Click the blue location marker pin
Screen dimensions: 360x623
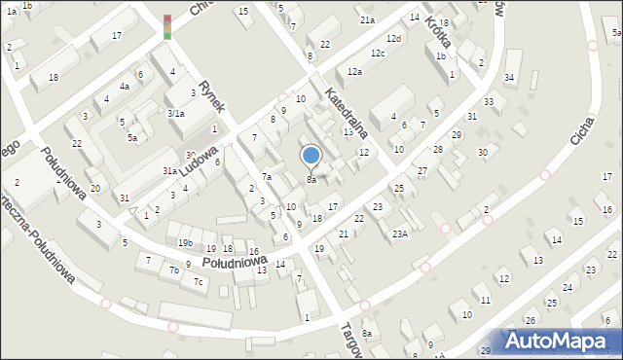coord(311,157)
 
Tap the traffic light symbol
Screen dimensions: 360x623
coord(166,27)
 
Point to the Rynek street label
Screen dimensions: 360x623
coord(211,96)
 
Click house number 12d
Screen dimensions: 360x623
coord(392,39)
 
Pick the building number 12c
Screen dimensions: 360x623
coord(377,53)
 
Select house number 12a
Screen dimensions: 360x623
coord(354,72)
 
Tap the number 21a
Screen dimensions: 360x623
coord(366,19)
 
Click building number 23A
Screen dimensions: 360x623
coord(399,234)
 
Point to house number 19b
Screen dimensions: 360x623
coord(185,242)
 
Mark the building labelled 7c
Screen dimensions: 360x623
coord(199,281)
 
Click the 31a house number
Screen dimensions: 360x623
coord(169,171)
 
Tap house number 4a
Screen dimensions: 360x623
coord(125,87)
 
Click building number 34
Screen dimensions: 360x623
coord(508,78)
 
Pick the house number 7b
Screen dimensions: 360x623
coord(174,270)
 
